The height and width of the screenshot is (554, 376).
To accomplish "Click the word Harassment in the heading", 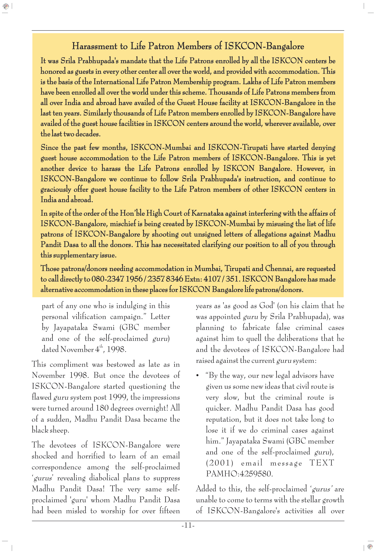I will [95, 46].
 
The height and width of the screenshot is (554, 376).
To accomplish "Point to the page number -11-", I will [188, 525].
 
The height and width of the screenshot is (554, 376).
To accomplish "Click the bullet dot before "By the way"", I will [198, 376].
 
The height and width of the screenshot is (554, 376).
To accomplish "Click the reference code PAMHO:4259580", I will [239, 474].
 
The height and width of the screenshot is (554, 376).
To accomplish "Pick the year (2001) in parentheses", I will [220, 463].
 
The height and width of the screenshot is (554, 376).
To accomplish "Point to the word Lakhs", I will [252, 82].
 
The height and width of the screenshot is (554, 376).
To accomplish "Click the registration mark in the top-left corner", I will [6, 6].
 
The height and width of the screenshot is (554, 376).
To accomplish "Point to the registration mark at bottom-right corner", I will [370, 547].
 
